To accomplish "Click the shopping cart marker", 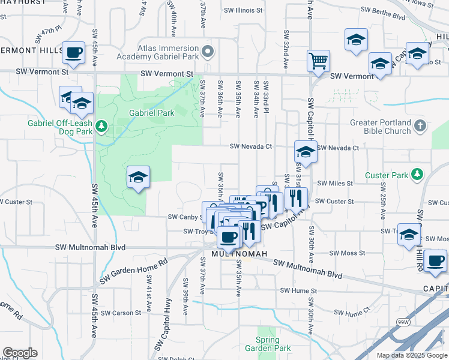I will click(x=318, y=60).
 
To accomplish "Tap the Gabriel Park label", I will click(x=151, y=113).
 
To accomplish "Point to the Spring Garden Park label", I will click(x=268, y=344).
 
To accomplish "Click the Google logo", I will click(x=20, y=353).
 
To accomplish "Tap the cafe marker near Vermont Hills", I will click(x=73, y=53).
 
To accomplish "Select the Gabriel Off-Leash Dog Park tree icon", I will click(x=102, y=126).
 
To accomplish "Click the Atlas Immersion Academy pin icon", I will click(x=208, y=52).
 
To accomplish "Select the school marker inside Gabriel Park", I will click(x=138, y=177).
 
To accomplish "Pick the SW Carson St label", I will click(x=120, y=313).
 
